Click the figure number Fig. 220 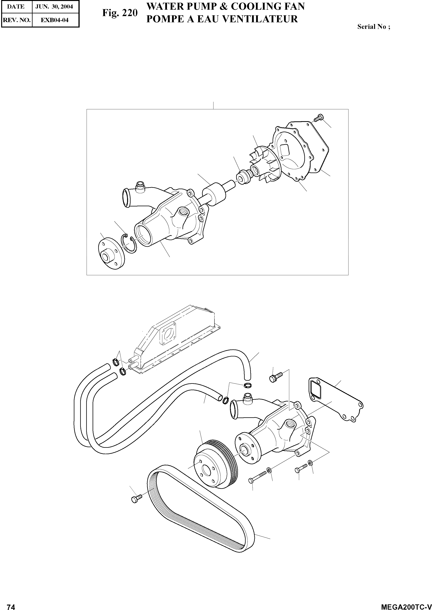tap(120, 13)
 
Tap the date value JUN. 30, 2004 tap(54, 7)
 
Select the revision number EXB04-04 tap(54, 20)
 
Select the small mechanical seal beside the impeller tap(243, 177)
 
